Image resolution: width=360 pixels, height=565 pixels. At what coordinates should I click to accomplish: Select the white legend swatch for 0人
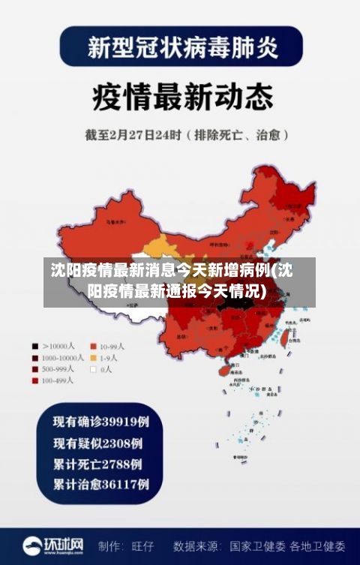pos(94,369)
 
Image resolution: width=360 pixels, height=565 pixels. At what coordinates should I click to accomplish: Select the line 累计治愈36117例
pos(100,484)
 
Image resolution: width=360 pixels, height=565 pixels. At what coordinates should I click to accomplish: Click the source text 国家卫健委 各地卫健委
pos(287,546)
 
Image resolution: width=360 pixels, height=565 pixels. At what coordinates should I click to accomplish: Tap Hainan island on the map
pos(223,369)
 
